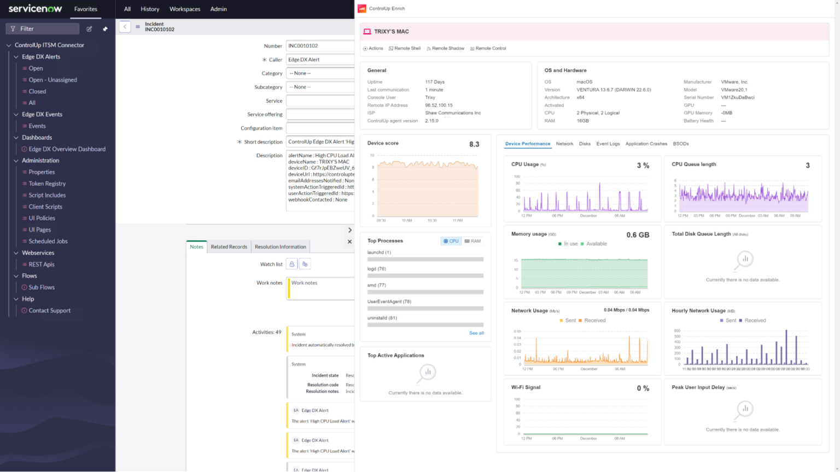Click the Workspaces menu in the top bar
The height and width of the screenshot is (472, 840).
(x=185, y=9)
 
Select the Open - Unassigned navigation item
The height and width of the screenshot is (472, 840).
(x=52, y=80)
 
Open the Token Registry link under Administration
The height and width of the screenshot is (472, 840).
(x=47, y=184)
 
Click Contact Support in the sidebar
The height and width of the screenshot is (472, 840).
(x=49, y=310)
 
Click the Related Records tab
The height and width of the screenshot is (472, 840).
(x=229, y=247)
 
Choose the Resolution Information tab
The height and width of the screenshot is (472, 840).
(x=280, y=247)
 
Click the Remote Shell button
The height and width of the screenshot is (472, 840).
(x=405, y=48)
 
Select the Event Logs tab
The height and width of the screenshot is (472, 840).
(x=608, y=144)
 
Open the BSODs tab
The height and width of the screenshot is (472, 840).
(x=680, y=144)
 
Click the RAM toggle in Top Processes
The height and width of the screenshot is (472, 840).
(x=473, y=241)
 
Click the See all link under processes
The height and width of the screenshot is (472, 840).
(x=476, y=333)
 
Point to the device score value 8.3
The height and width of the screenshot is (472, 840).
(x=474, y=144)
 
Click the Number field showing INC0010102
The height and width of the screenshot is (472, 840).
(x=320, y=46)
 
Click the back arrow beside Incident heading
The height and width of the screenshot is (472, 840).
(x=125, y=26)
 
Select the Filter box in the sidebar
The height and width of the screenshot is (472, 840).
(x=43, y=28)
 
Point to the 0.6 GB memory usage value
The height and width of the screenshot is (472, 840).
(x=638, y=235)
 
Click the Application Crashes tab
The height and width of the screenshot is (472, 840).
(x=646, y=144)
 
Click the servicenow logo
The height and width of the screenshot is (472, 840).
(x=35, y=9)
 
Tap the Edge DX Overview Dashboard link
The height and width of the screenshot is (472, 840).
(x=67, y=149)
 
